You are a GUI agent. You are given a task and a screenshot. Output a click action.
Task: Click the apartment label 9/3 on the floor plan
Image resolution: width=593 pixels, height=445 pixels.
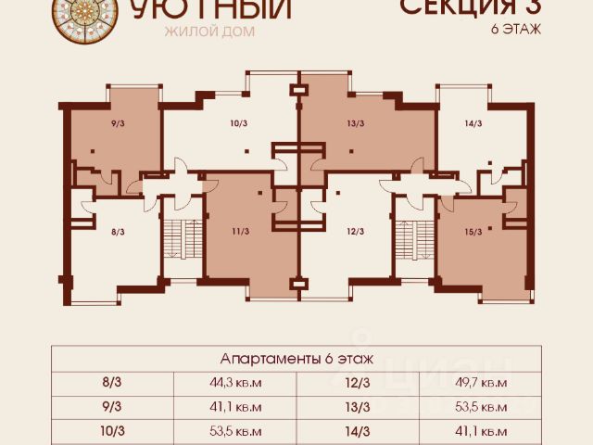pos(117,122)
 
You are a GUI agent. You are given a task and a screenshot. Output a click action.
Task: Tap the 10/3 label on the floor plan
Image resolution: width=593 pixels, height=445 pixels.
pos(238,122)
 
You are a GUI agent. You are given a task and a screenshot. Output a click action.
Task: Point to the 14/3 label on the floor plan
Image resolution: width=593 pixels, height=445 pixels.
pos(473,122)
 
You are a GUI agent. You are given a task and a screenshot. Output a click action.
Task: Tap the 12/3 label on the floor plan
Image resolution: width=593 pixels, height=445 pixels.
pos(356,232)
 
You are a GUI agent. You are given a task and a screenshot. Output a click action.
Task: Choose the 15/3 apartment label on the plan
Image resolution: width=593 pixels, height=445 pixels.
pos(473,232)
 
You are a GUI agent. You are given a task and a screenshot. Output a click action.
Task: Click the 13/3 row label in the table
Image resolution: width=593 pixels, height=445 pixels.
pos(357,406)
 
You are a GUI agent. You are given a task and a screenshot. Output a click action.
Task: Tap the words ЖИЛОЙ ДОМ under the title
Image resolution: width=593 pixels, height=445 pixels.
pos(208,31)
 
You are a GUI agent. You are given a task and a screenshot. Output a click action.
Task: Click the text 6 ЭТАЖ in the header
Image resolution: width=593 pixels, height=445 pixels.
pos(515,28)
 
